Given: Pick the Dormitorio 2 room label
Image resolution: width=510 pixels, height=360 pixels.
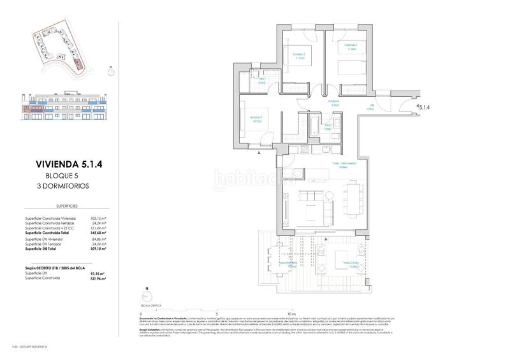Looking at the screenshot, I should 299,55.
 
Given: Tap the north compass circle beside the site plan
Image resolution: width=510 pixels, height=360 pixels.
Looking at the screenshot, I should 110,73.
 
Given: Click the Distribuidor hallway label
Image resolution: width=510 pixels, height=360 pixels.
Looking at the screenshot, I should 333,101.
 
